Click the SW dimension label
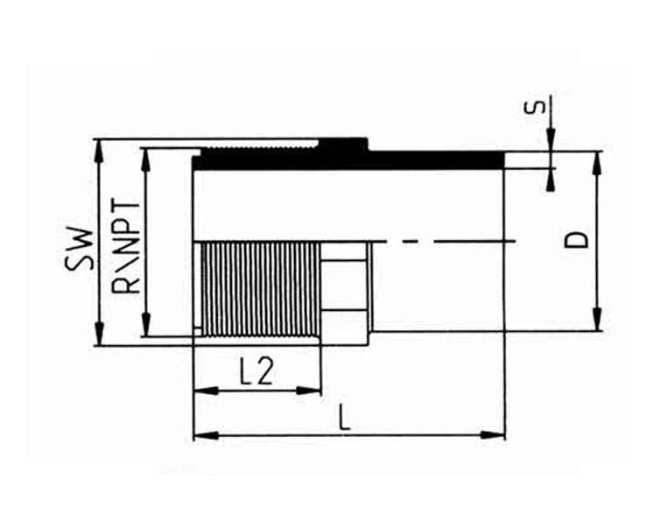pyautogui.click(x=79, y=249)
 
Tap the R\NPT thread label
pyautogui.click(x=126, y=247)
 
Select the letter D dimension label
pyautogui.click(x=576, y=240)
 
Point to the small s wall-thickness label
pyautogui.click(x=534, y=106)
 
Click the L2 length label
pyautogui.click(x=256, y=372)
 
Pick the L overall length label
pyautogui.click(x=344, y=417)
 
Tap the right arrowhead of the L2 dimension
pyautogui.click(x=308, y=391)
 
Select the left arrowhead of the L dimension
pyautogui.click(x=206, y=434)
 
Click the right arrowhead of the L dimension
pyautogui.click(x=493, y=434)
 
